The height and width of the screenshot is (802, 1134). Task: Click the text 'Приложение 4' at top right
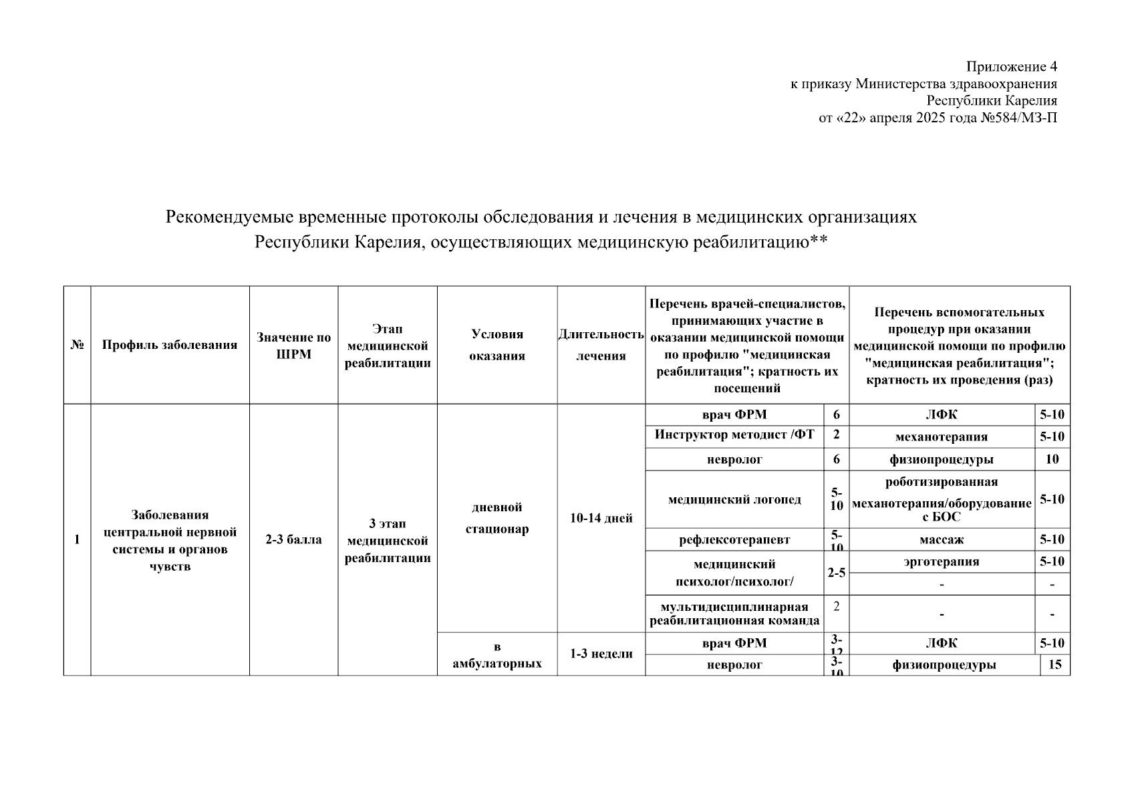1011,67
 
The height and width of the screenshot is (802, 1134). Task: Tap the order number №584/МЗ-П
1018,118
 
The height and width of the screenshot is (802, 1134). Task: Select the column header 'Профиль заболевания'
170,345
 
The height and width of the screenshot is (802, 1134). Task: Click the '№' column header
77,345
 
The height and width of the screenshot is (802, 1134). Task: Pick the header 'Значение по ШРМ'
294,346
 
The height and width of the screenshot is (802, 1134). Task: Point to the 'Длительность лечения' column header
601,345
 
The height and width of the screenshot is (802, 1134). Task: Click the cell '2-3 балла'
294,539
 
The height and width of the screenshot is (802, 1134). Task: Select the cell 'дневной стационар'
497,518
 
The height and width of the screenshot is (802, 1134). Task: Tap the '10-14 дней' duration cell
601,518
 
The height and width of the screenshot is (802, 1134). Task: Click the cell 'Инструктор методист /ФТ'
734,435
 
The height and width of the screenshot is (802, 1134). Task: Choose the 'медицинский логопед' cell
734,500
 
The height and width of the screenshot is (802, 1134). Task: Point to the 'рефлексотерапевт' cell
734,540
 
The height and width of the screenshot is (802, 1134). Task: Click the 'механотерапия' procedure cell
941,437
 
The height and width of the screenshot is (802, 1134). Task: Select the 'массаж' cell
941,539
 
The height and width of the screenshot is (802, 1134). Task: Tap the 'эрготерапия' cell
941,561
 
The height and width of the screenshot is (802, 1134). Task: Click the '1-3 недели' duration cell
601,654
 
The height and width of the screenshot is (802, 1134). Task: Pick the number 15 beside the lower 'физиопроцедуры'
1055,665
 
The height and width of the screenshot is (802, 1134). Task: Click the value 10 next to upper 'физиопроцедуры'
1052,459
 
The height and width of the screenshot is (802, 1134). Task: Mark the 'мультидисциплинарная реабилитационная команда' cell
734,614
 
